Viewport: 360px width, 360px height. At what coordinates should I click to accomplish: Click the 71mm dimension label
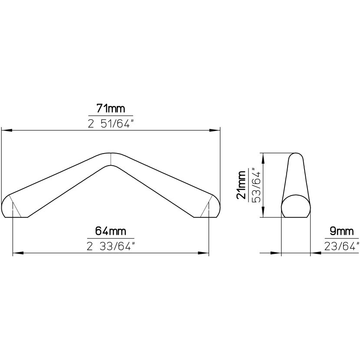click(x=111, y=108)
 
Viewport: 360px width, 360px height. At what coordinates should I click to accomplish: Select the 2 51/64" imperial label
click(x=111, y=124)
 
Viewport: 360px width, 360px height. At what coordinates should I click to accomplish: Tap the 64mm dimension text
click(x=111, y=231)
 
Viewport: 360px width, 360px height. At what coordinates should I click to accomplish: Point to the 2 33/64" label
click(x=111, y=247)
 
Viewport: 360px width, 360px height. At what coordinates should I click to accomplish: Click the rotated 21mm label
click(x=242, y=185)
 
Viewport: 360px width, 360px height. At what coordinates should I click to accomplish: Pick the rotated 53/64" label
click(x=257, y=185)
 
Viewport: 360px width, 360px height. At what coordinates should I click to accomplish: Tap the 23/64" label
click(x=342, y=247)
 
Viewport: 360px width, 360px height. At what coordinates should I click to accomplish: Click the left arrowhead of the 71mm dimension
click(x=7, y=131)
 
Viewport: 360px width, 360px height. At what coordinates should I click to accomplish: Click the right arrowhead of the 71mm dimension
click(x=215, y=131)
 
